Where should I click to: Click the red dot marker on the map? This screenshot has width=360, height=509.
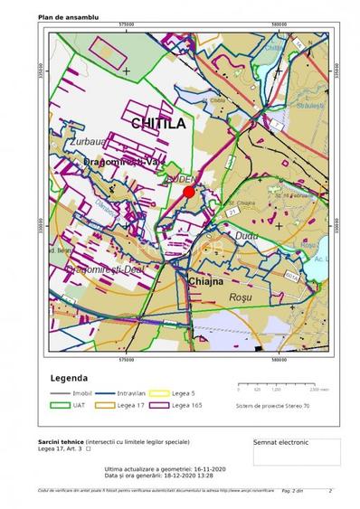189,192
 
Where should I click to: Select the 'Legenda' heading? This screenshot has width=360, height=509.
69,377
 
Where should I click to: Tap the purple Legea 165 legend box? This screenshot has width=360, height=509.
158,406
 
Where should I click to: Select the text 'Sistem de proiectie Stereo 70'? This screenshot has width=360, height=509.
272,406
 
